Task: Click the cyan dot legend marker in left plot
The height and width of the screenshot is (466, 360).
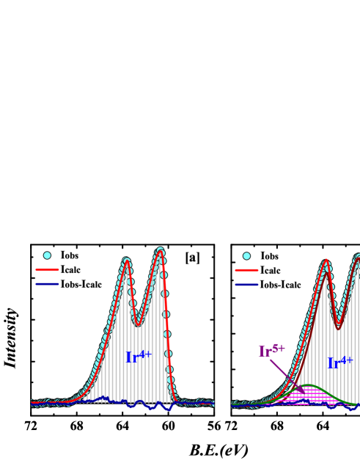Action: [47, 255]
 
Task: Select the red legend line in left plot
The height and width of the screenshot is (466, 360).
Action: [47, 269]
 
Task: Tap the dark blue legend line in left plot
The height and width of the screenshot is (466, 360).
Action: [47, 284]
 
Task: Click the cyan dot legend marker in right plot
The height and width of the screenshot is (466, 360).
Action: [246, 256]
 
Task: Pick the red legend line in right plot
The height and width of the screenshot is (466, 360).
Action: [246, 270]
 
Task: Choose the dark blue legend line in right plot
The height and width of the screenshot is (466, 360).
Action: [246, 284]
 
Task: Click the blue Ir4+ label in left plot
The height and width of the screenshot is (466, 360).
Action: [138, 357]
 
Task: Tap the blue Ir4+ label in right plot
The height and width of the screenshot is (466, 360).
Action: [339, 362]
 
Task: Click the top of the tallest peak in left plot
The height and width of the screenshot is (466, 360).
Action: [161, 252]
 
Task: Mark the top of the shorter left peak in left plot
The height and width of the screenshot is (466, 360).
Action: [126, 261]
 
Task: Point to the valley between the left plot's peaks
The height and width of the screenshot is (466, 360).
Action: [138, 324]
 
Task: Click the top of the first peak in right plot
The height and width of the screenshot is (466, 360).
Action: [326, 261]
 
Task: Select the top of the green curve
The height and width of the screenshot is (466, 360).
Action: [309, 385]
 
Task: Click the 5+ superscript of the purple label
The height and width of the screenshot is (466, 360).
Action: [279, 347]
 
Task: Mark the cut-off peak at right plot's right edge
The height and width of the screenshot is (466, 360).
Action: [358, 257]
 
